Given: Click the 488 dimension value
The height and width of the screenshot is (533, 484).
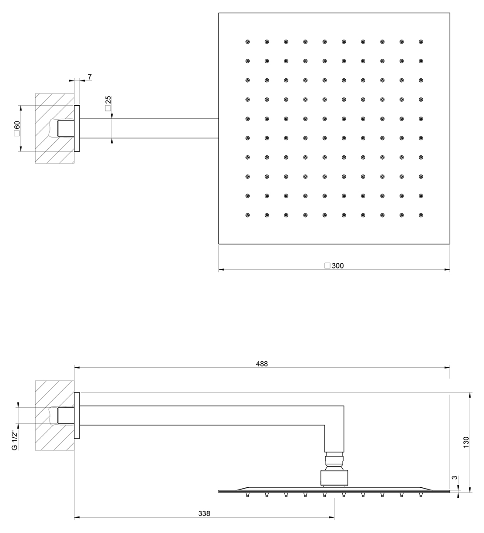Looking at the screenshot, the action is [x=262, y=364].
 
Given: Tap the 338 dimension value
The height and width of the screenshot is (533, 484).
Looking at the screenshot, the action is [x=204, y=513].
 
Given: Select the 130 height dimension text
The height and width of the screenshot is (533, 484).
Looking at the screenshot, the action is [x=466, y=442].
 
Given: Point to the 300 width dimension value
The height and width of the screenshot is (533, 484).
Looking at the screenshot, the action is [x=337, y=266].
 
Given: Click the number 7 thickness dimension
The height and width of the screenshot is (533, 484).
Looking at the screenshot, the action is [x=90, y=77].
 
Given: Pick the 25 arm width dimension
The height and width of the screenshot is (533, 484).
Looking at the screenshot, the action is [x=108, y=100].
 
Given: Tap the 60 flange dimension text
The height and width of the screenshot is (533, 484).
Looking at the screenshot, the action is [x=17, y=125].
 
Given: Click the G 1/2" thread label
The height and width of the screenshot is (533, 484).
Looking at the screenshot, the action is [x=15, y=441].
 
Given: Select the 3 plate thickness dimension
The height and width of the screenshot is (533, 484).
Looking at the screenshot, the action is [x=454, y=477].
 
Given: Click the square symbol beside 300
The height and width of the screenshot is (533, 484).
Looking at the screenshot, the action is [x=327, y=266].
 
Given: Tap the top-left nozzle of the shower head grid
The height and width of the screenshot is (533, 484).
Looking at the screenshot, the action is [x=247, y=42].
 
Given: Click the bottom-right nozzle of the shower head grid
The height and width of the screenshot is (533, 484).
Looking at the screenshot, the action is [x=421, y=215].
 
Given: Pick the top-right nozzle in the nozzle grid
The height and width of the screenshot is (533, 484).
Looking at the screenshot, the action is [x=421, y=42].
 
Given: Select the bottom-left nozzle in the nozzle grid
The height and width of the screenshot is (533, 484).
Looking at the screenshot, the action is [x=247, y=215].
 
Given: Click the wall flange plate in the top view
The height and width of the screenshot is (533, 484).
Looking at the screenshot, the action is [x=77, y=128].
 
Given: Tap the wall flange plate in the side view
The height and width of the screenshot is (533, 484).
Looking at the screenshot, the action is [x=77, y=415].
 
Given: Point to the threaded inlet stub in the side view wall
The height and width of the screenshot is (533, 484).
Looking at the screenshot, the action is [x=66, y=416].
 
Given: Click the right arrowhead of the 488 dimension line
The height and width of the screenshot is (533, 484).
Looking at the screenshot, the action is [x=447, y=368].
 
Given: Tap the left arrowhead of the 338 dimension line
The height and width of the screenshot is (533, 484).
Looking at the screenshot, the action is [x=77, y=517].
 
